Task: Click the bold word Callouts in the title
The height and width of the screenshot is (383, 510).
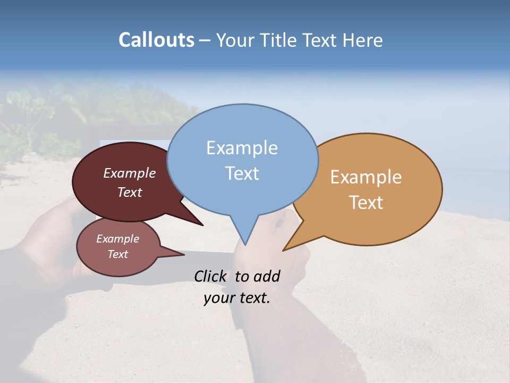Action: pyautogui.click(x=156, y=40)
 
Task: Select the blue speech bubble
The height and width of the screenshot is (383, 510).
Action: pyautogui.click(x=242, y=160)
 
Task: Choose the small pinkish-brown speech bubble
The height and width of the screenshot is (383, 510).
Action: pyautogui.click(x=118, y=246)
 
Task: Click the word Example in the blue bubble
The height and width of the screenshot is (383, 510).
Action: pyautogui.click(x=242, y=148)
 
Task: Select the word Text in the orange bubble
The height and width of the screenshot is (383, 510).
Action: pyautogui.click(x=367, y=203)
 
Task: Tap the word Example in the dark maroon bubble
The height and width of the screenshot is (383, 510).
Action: pyautogui.click(x=130, y=173)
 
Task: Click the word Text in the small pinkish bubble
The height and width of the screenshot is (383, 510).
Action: pyautogui.click(x=118, y=254)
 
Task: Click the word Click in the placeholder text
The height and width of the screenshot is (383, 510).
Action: pyautogui.click(x=211, y=276)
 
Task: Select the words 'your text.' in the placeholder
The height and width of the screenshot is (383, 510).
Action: pyautogui.click(x=237, y=298)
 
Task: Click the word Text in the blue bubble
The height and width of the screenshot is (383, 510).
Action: pyautogui.click(x=242, y=173)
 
